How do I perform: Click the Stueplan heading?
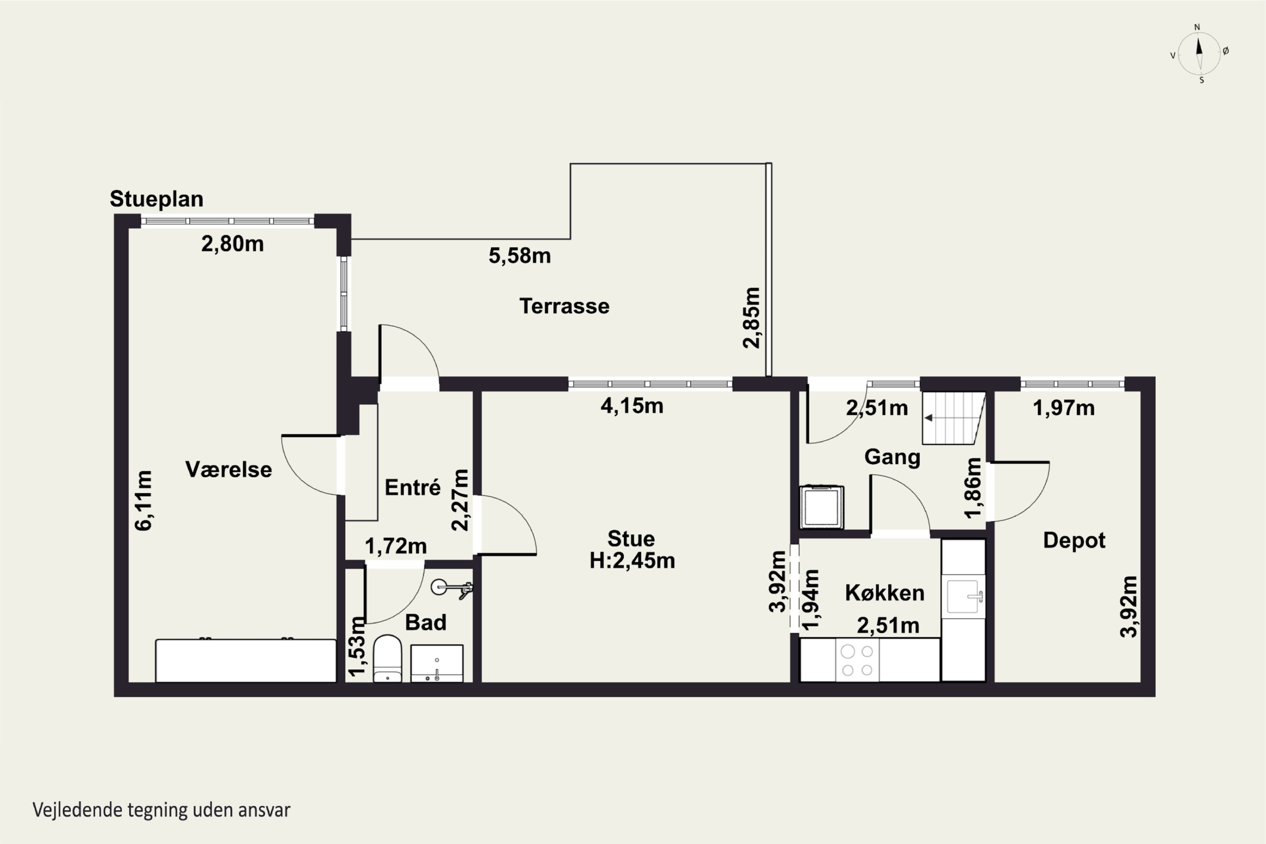tap(157, 199)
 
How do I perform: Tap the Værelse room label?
tap(229, 469)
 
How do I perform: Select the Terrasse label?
tap(564, 306)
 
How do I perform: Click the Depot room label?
tap(1074, 541)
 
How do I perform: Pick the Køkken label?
tap(885, 593)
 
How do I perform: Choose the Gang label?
tap(893, 457)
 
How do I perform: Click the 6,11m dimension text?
tap(144, 500)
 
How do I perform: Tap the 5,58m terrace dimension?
tap(519, 256)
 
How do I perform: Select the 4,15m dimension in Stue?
tap(632, 406)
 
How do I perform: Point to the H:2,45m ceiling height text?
tap(632, 561)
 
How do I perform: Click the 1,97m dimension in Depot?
tap(1063, 408)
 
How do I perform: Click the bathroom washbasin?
tap(436, 664)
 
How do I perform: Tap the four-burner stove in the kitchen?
tap(857, 660)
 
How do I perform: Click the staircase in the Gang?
tap(953, 418)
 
